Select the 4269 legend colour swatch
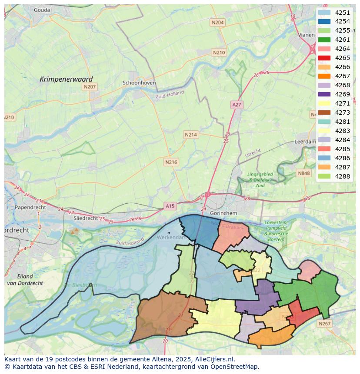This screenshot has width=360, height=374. [324, 94]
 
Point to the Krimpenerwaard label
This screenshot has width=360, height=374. [66, 79]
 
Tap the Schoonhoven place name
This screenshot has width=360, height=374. [139, 83]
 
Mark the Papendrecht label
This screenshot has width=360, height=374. [30, 207]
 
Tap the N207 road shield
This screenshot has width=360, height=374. [89, 87]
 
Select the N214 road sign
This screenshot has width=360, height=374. [190, 135]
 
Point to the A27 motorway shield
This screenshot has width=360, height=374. [237, 105]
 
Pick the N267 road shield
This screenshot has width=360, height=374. [324, 324]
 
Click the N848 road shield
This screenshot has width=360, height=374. [304, 173]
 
